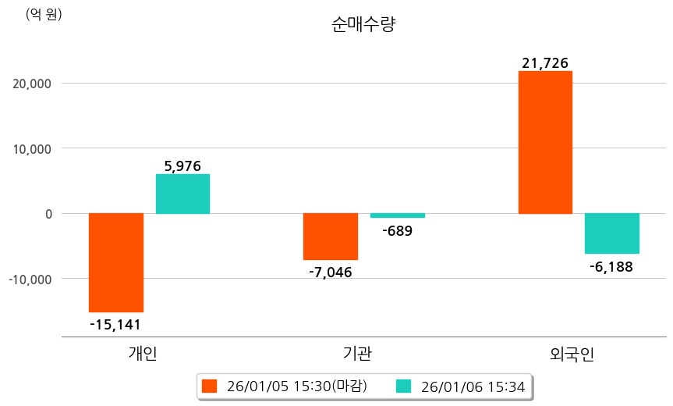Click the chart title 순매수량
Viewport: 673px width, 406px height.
coord(363,25)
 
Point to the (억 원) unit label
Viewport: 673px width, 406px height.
coord(44,15)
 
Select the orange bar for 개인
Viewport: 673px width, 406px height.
coord(116,262)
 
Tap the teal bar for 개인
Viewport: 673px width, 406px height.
coord(182,194)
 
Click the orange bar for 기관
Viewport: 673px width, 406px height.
coord(331,236)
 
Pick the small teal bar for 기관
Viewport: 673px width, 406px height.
coord(397,215)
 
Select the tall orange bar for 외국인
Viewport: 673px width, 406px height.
coord(545,142)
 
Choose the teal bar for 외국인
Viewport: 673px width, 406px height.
coord(612,233)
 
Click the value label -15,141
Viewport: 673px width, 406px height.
coord(115,324)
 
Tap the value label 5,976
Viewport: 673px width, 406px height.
coord(182,166)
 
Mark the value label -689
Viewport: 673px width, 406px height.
coord(397,230)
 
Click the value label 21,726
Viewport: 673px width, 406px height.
coord(545,62)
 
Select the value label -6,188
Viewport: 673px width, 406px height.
coord(612,266)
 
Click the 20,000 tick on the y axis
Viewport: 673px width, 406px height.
coord(32,84)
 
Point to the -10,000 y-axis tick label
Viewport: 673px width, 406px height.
coord(30,279)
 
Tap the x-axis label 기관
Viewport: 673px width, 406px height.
coord(357,354)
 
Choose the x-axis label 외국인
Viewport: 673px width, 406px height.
coord(572,354)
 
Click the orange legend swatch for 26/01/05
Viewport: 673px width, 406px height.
coord(209,386)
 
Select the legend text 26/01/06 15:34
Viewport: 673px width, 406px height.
coord(473,386)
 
